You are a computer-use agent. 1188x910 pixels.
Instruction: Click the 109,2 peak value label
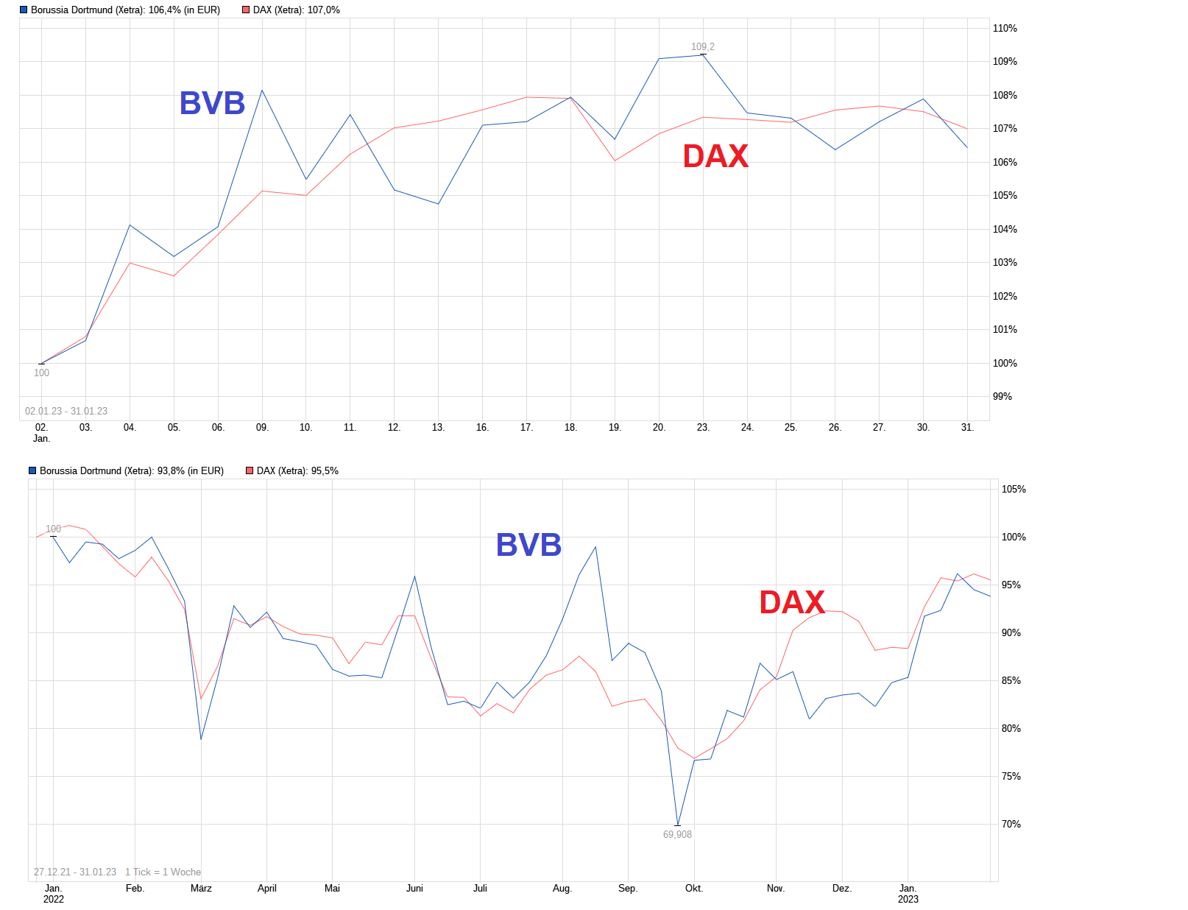[x=702, y=46]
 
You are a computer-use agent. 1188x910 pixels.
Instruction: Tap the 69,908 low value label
[x=677, y=834]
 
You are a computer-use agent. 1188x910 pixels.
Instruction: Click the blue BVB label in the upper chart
[x=212, y=103]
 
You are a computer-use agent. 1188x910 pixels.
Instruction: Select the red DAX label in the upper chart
[x=715, y=156]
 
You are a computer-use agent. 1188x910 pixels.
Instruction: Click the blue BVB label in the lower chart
[x=528, y=545]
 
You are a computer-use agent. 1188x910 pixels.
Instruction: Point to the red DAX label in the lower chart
[x=792, y=602]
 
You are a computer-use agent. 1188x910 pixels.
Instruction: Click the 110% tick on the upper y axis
[x=1005, y=29]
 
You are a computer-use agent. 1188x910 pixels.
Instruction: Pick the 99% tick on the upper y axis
[x=1003, y=396]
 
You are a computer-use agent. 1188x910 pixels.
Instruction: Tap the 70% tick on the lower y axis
[x=1011, y=824]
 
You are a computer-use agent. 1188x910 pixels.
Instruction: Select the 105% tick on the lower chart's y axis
[x=1013, y=489]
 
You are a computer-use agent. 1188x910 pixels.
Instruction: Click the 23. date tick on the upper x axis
[x=703, y=427]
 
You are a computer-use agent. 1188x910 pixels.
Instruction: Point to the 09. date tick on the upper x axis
[x=262, y=427]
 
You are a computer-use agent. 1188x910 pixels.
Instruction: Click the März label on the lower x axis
[x=201, y=888]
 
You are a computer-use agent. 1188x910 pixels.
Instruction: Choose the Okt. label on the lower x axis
[x=694, y=888]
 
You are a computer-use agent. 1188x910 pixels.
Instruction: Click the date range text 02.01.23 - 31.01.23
[x=66, y=411]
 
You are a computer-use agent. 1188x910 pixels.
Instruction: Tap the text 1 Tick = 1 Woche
[x=163, y=872]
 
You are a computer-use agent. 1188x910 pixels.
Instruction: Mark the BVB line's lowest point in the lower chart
[x=677, y=825]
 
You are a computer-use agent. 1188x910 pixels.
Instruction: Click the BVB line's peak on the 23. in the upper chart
[x=703, y=54]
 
